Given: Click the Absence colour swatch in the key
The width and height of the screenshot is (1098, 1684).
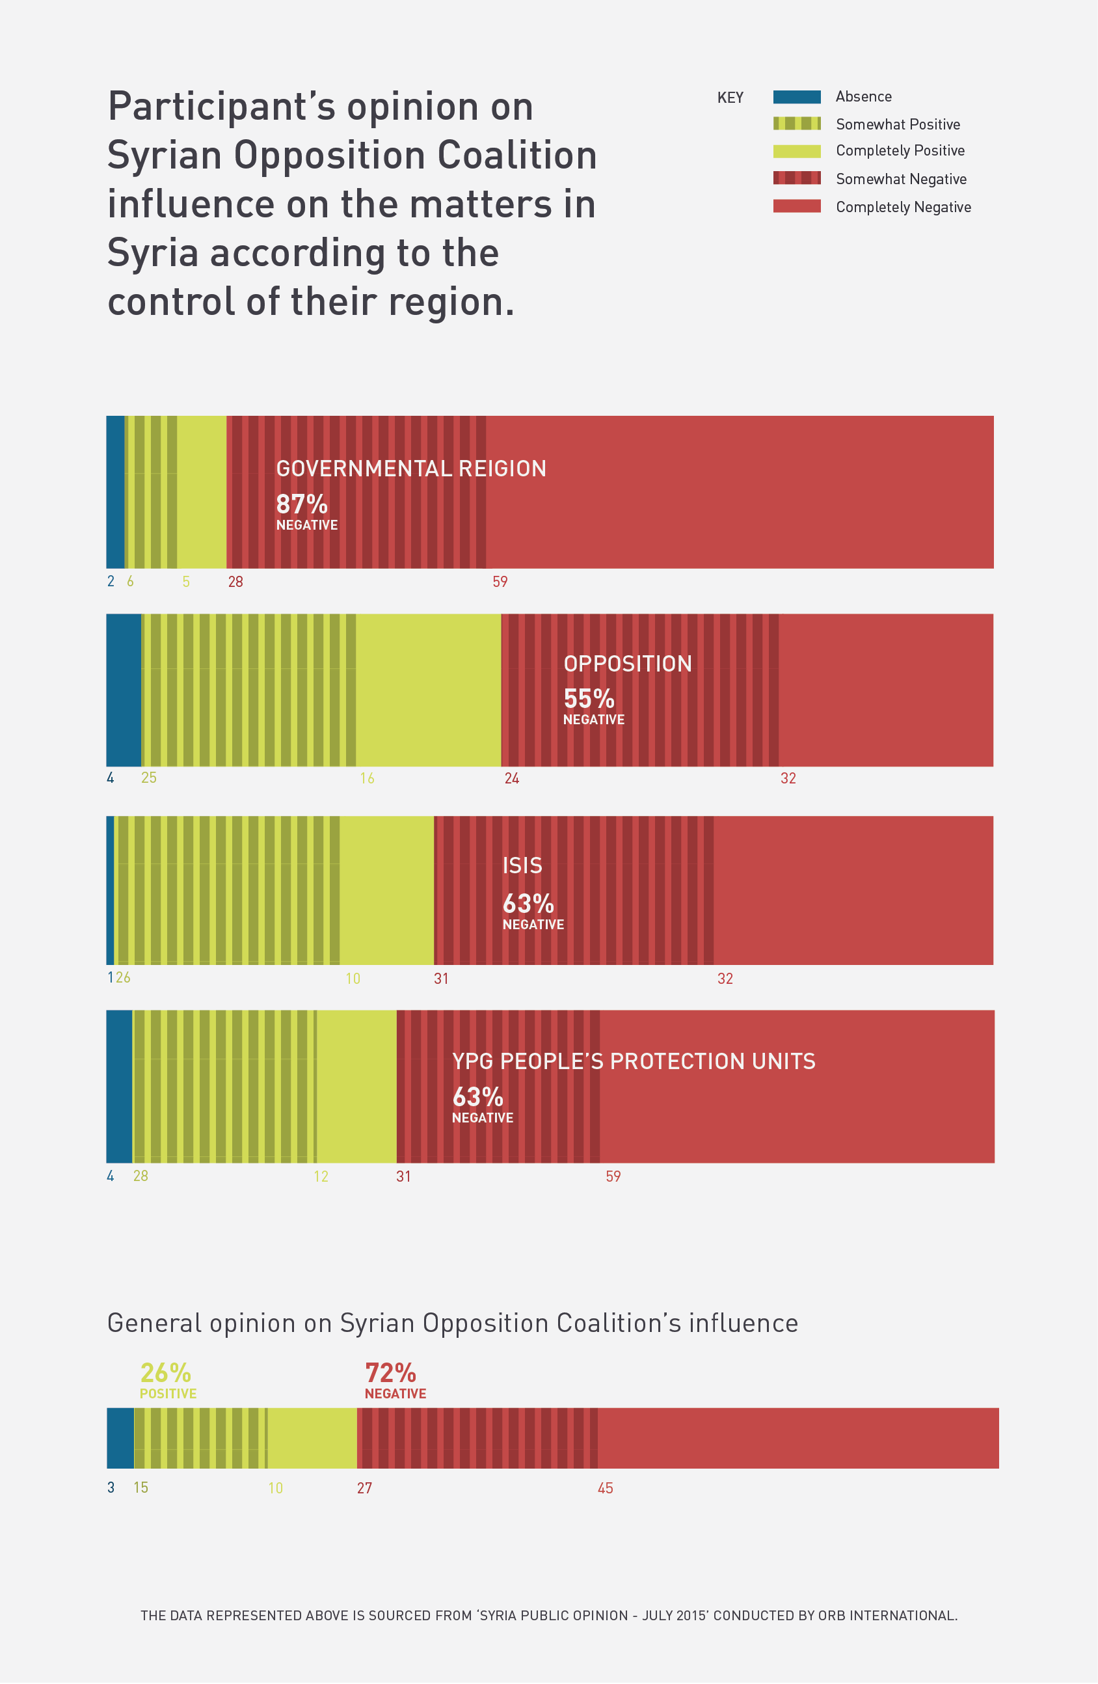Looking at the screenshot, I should pos(797,97).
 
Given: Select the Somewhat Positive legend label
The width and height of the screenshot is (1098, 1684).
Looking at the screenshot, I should pos(898,124).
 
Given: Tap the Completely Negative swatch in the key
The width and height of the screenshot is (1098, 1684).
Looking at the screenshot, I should pos(797,206).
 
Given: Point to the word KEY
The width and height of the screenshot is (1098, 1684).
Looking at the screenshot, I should pos(730,98).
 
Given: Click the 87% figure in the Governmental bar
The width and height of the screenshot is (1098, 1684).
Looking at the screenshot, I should pos(301,504).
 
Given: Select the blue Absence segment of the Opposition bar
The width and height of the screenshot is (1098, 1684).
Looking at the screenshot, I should pos(123,690).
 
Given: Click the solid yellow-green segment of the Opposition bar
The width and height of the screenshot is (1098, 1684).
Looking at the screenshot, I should pos(428,690).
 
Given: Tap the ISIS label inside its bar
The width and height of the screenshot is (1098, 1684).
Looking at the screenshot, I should pos(522,865).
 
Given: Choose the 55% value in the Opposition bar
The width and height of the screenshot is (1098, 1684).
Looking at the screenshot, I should pos(589,699).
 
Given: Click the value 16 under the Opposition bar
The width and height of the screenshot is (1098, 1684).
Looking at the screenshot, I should pos(367,778).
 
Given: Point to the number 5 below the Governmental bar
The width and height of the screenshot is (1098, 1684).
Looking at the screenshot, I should pos(186,582).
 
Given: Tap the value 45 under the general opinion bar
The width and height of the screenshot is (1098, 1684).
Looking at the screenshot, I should pos(606,1488).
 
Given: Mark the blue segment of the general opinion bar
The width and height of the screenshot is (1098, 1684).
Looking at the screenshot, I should pos(120,1439).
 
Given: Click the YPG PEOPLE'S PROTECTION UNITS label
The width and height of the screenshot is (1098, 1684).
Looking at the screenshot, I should pos(633,1061).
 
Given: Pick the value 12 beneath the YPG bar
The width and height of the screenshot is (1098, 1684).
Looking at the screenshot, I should pos(321,1176).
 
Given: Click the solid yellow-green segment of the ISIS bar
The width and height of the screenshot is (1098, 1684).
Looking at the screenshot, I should pos(386,890).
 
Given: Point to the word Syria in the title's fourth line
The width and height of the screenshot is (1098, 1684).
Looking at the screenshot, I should pos(152,253).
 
